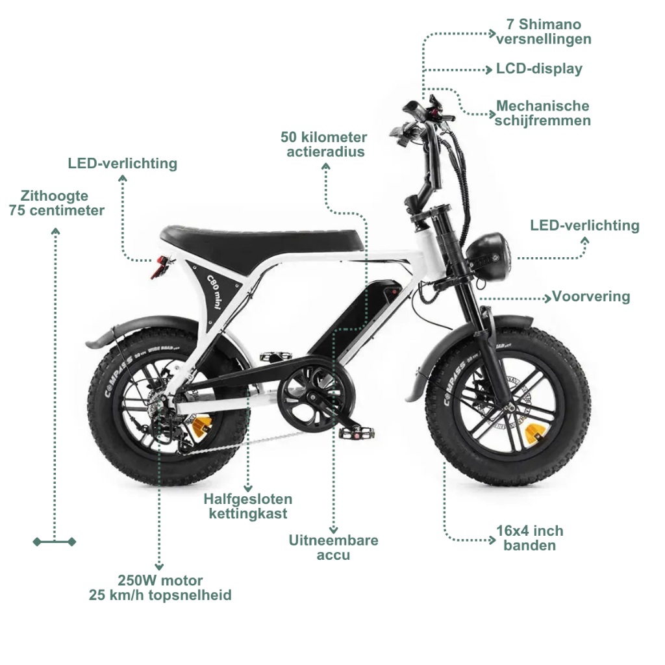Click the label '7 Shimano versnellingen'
coord(544,32)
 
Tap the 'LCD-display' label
coord(539,69)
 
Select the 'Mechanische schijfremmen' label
coord(543,113)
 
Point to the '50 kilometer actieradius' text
coord(323,145)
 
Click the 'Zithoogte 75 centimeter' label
coord(56,203)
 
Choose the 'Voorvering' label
coord(591,297)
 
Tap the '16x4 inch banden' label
coord(530,538)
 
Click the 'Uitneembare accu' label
coord(333,547)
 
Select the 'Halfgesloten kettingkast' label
coord(247,507)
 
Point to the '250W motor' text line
coord(160,581)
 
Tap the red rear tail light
coord(159,266)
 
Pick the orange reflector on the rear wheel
coord(199,426)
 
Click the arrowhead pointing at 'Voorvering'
coord(547,298)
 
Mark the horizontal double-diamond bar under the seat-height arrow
coord(55,542)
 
